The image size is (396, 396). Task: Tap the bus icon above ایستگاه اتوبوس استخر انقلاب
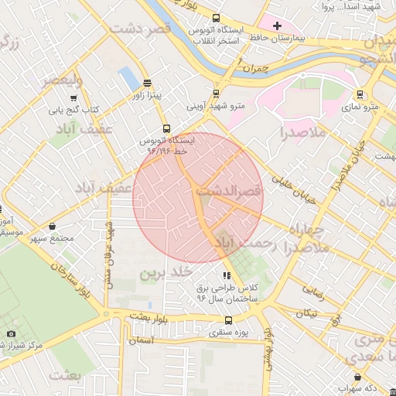coord(216,18)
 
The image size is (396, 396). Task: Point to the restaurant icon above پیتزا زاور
coord(147,84)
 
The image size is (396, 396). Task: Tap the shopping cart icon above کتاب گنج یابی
coord(73,98)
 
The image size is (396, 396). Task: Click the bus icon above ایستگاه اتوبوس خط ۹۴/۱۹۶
coord(166,129)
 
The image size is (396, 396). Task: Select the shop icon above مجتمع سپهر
coord(52,226)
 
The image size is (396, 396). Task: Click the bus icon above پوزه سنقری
coord(227,320)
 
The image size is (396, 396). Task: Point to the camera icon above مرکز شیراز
coord(11,333)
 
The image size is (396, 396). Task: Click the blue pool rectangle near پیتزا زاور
coord(125,77)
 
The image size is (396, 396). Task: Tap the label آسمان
coord(143,340)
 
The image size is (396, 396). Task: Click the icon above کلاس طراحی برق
coord(226,275)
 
